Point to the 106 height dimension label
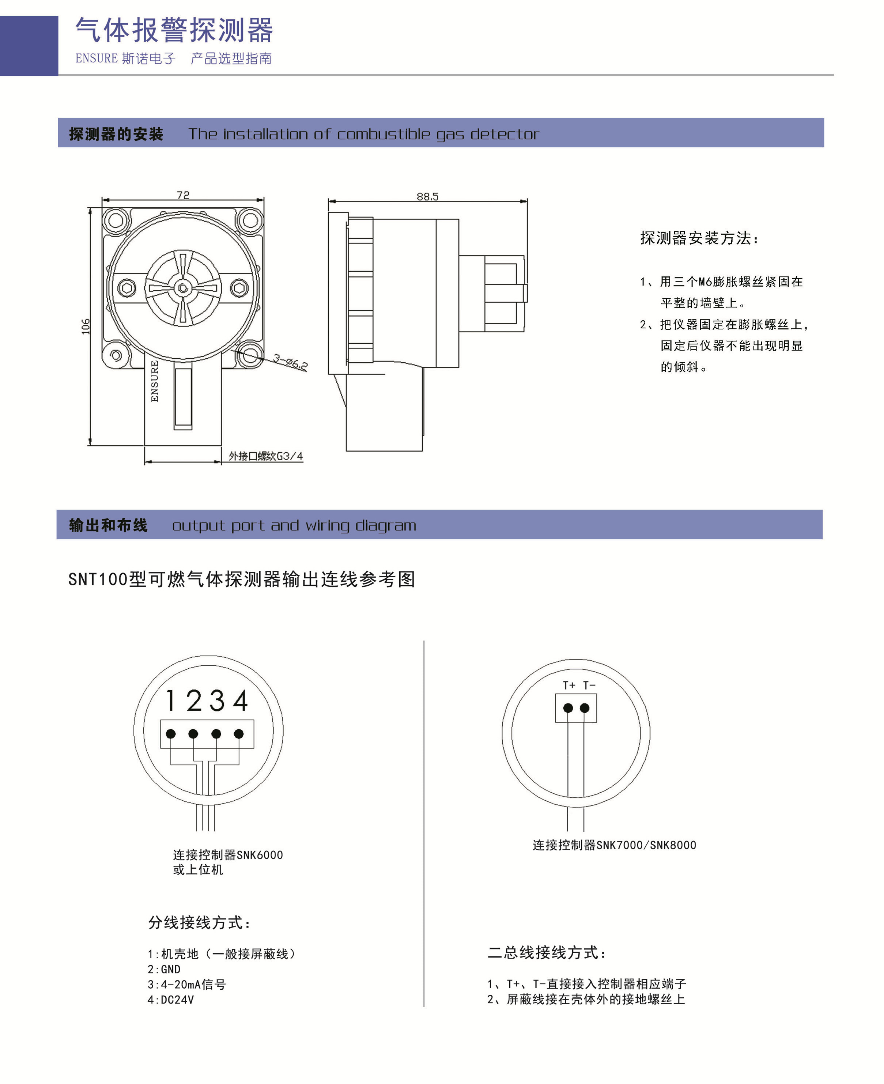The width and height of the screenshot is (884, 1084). coord(86,326)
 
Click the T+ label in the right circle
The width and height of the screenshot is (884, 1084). coord(569,685)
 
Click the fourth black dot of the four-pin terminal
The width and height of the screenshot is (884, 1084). coord(239,734)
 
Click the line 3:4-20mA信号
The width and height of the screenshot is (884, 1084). coord(186,984)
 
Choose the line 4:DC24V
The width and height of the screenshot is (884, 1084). coord(171,1000)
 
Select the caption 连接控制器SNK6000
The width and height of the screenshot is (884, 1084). coord(228,855)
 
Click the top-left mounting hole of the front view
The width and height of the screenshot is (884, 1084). coord(116,220)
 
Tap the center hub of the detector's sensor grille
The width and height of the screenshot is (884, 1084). coord(183,288)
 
